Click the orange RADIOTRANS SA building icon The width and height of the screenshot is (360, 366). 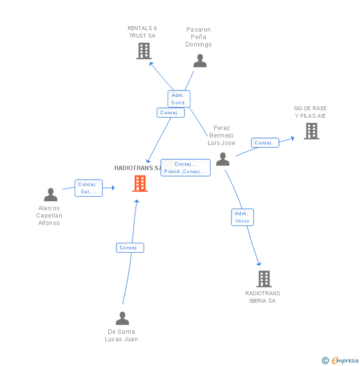tap(140, 183)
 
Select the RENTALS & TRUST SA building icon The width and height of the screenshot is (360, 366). tap(143, 51)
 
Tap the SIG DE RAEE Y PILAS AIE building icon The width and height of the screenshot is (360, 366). tap(311, 131)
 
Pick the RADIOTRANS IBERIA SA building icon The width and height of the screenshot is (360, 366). tap(264, 279)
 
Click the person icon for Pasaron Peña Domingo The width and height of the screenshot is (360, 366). tap(200, 61)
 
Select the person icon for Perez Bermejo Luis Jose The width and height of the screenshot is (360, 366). tap(223, 159)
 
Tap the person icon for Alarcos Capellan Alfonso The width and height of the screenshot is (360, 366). tap(50, 195)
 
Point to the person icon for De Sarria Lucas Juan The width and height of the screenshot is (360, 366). tap(122, 319)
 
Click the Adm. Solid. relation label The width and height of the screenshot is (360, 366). tap(179, 99)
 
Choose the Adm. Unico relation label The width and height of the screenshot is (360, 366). tap(242, 217)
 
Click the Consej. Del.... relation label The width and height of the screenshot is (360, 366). tap(89, 188)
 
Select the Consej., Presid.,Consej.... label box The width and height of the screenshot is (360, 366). tap(185, 168)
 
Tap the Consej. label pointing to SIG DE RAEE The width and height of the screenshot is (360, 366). tap(265, 143)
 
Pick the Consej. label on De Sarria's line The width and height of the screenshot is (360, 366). tap(130, 248)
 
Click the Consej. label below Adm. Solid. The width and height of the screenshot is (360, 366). tap(171, 113)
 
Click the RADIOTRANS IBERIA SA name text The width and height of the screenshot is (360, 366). tap(263, 297)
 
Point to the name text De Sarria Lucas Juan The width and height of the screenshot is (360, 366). tap(121, 335)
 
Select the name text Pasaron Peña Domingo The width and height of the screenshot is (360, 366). tap(198, 37)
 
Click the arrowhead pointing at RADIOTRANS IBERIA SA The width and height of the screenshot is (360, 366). tap(259, 264)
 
